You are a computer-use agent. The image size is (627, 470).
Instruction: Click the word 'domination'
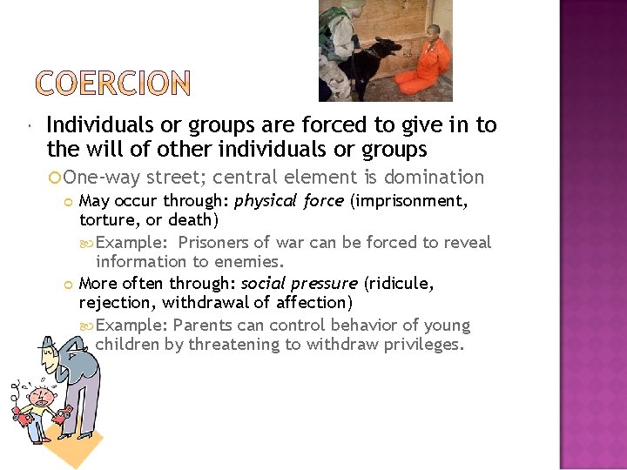[434, 178]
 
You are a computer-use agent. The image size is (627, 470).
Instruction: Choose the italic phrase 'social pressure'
[300, 284]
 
